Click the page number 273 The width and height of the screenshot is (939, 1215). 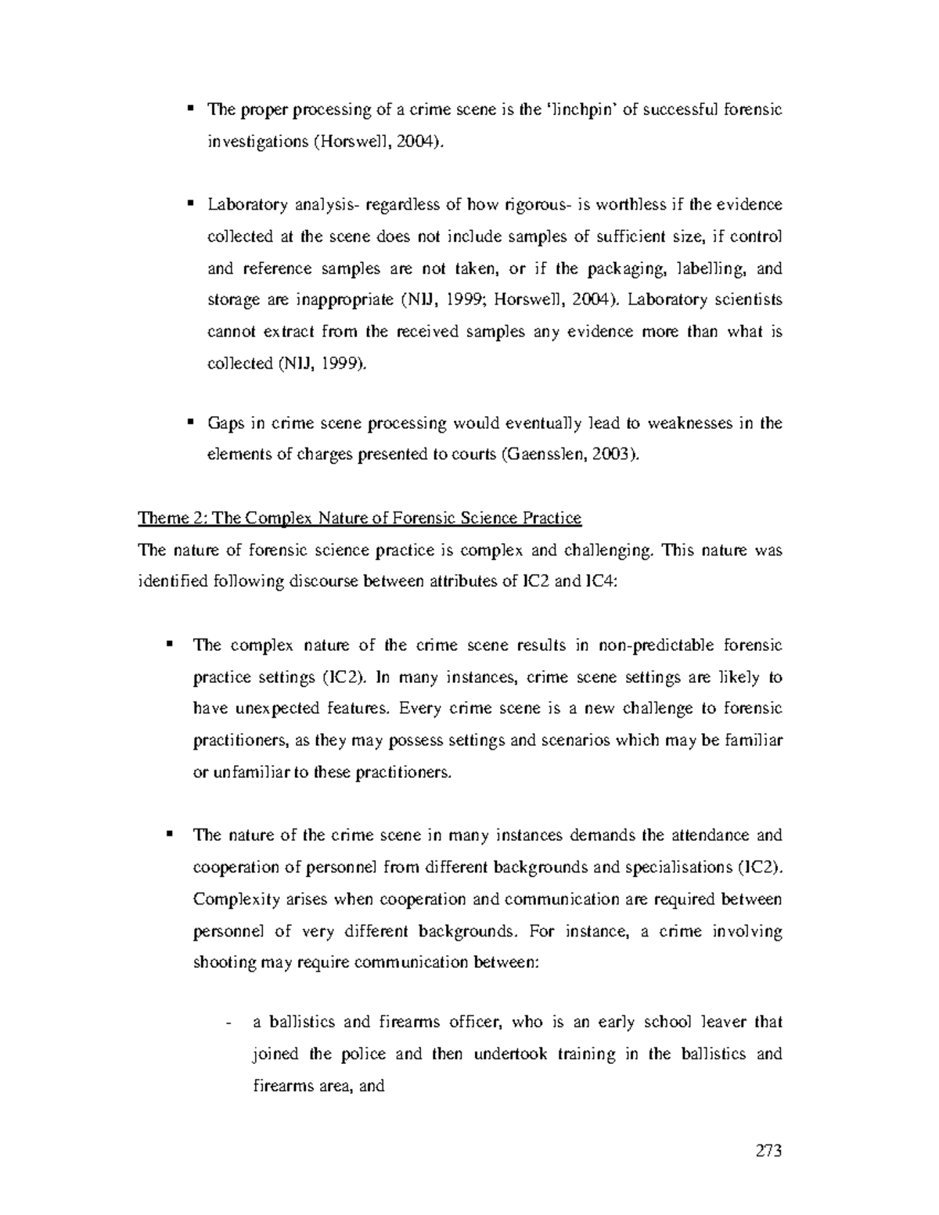[x=768, y=1150]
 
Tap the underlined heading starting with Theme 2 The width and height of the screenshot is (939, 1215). [x=359, y=518]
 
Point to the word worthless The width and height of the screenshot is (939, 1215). [x=629, y=205]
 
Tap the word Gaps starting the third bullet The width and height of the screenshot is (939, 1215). [x=225, y=423]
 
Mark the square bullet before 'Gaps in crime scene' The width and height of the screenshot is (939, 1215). [x=189, y=422]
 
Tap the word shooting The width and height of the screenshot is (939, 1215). [x=225, y=962]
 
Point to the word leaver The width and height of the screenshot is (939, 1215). [x=721, y=1022]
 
